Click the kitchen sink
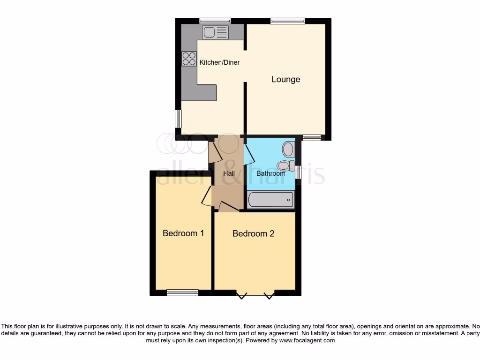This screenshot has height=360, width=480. [216, 32]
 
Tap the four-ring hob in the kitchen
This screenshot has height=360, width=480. [189, 59]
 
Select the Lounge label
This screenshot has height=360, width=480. [286, 79]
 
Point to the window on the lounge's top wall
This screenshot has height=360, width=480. [287, 21]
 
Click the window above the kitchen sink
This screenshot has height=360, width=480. [215, 21]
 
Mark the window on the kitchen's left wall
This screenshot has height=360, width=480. [178, 118]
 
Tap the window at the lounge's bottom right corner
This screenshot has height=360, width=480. [311, 137]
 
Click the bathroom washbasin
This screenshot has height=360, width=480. [288, 150]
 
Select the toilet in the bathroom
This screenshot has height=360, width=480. [284, 165]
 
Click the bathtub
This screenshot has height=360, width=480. [270, 200]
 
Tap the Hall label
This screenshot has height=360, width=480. [229, 173]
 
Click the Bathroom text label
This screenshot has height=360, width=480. [270, 173]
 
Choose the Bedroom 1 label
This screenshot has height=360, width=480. [183, 233]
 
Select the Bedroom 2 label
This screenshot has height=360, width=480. [253, 233]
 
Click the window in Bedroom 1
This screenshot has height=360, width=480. [182, 292]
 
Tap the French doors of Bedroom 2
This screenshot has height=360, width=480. [255, 294]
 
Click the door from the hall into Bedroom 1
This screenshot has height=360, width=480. [206, 197]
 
